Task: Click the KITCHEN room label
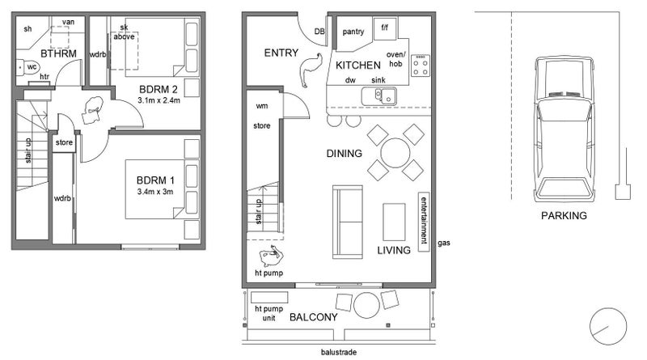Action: pos(357,66)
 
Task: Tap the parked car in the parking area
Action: pos(564,129)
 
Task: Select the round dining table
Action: pos(395,152)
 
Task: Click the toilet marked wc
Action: pos(27,68)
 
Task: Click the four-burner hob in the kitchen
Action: pos(421,66)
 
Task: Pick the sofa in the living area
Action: pos(348,222)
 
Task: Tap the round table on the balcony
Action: pos(366,305)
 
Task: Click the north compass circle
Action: pos(608,326)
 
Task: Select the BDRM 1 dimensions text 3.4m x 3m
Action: pos(155,192)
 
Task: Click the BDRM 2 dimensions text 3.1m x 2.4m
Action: pos(159,100)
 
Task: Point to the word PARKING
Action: pos(564,215)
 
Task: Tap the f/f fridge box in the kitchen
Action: pos(385,28)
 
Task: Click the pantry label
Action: pos(353,32)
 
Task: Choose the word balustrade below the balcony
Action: pos(339,352)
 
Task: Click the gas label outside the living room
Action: pos(444,244)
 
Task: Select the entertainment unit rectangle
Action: pos(423,222)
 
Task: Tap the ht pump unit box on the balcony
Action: pos(269,297)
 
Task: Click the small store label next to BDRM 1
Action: pos(64,142)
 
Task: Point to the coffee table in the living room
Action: pos(394,222)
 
